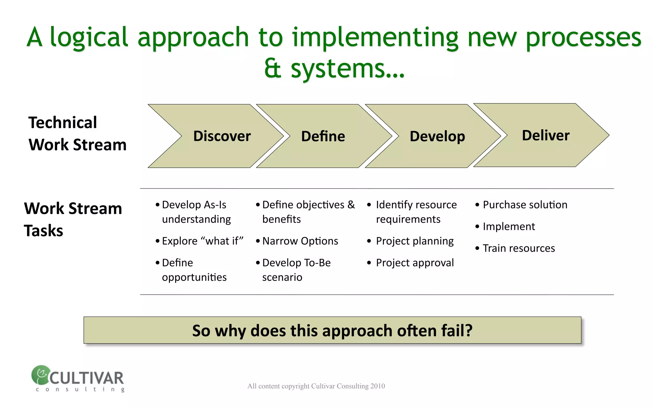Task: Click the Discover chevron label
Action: [x=222, y=136]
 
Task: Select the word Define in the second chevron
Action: [x=323, y=136]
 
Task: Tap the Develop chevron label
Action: [x=437, y=136]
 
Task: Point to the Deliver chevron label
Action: [x=546, y=135]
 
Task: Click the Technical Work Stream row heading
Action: [x=77, y=134]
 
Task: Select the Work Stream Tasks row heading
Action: [x=73, y=219]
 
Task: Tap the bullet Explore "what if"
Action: [x=202, y=241]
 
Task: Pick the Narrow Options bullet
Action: [x=300, y=241]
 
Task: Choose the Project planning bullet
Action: [x=415, y=241]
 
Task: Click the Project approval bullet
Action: [x=415, y=263]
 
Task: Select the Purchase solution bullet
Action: [x=525, y=205]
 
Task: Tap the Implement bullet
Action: [x=509, y=226]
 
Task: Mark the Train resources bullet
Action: [x=519, y=248]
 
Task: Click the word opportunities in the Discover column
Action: [x=194, y=277]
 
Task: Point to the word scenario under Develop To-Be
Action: [x=282, y=277]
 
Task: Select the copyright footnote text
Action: [x=316, y=386]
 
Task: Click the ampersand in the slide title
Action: [x=273, y=69]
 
